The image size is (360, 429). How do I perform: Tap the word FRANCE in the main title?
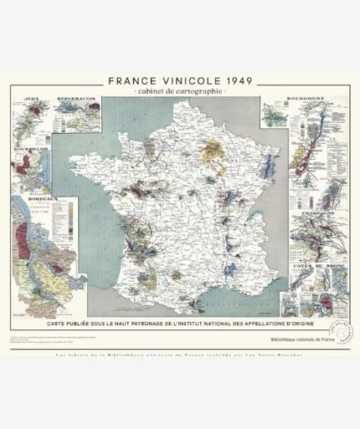(x=136, y=81)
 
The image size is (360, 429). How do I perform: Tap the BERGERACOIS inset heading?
(x=76, y=102)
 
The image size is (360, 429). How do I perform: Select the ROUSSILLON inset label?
(x=27, y=150)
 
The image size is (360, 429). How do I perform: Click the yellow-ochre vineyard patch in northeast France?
(x=215, y=152)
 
